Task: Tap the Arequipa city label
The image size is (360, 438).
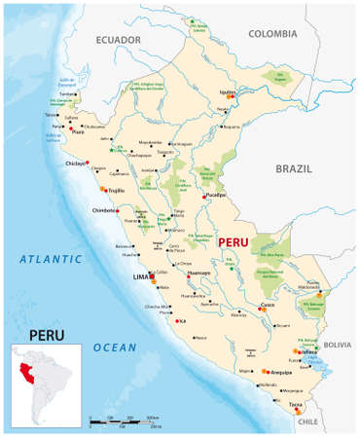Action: click(283, 372)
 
